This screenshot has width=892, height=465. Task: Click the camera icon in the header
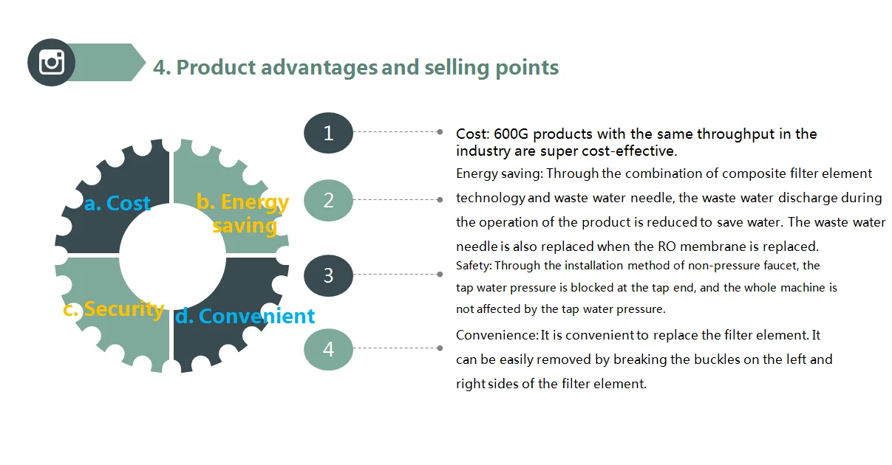(52, 61)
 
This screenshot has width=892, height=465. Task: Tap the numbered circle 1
(329, 133)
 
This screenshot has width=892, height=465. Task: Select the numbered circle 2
(329, 200)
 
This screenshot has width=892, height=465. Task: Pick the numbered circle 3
(329, 275)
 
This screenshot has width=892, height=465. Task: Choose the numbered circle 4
(329, 348)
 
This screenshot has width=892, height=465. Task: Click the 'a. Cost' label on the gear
(118, 203)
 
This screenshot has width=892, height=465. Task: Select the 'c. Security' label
(113, 309)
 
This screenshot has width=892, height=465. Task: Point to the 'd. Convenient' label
(245, 316)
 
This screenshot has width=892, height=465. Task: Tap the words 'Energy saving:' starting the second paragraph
(500, 173)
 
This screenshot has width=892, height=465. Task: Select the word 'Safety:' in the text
(472, 265)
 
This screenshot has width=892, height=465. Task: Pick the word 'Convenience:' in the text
(497, 335)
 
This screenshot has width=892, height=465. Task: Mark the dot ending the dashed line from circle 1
(440, 131)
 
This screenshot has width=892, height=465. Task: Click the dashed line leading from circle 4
(395, 348)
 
